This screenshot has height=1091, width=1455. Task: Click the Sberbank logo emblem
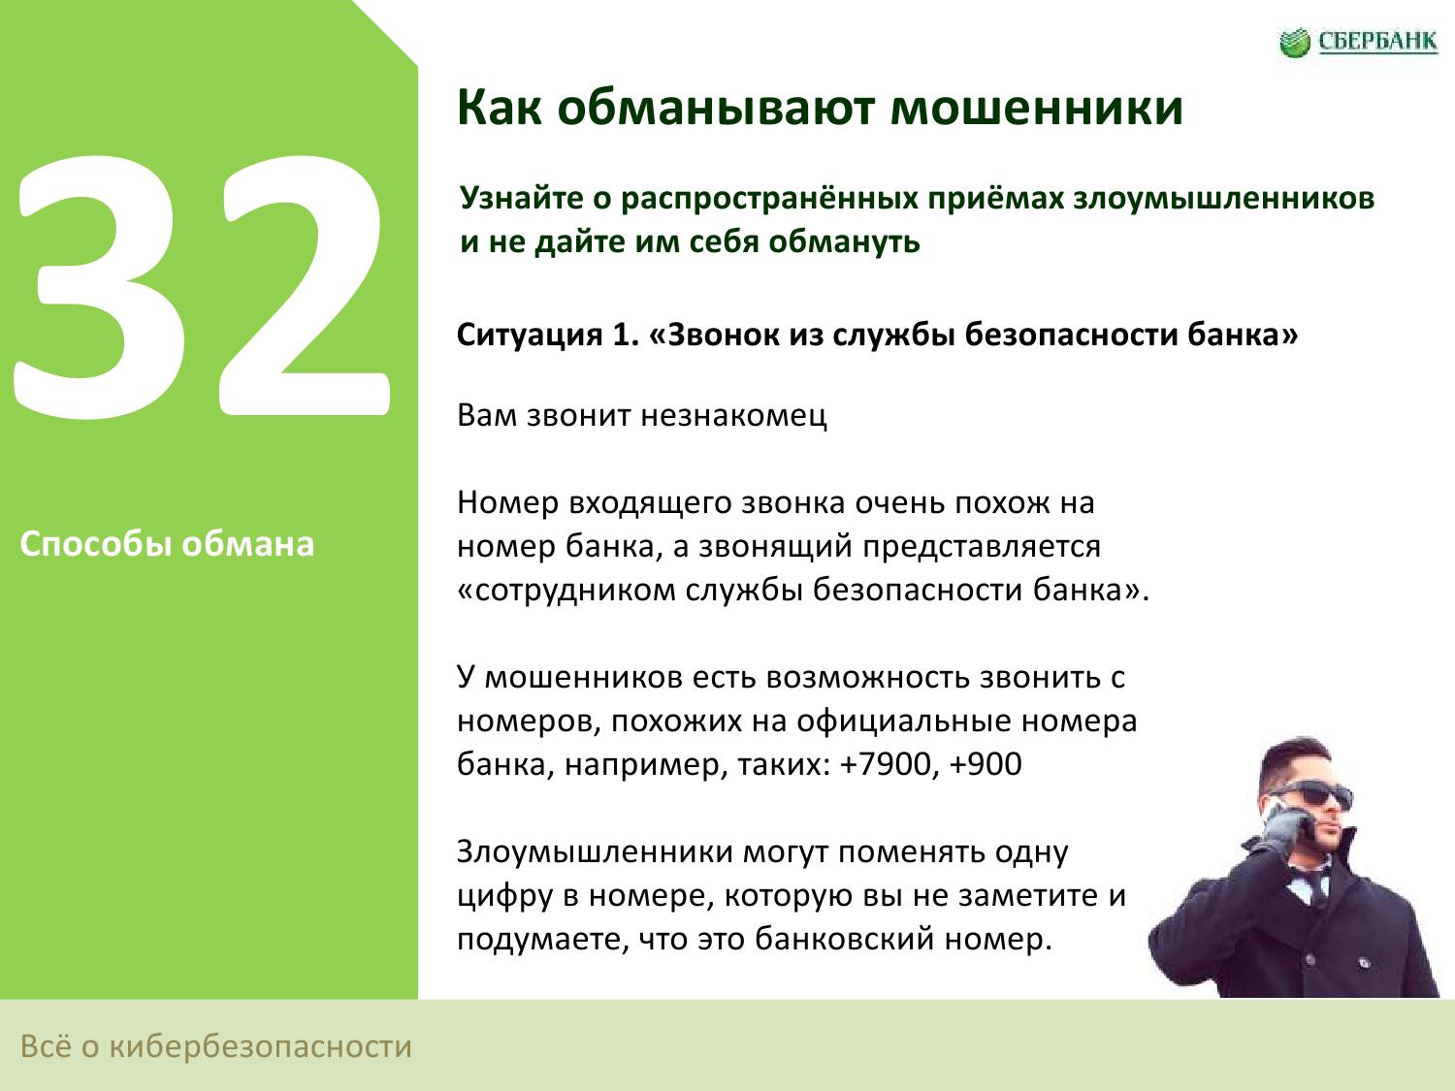tap(1295, 43)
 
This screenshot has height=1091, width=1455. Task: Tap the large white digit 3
tap(100, 287)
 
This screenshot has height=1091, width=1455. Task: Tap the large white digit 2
tap(304, 285)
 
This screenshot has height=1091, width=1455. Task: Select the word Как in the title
tap(500, 108)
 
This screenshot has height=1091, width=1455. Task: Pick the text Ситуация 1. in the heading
tap(547, 336)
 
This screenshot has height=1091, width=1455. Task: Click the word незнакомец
tap(733, 416)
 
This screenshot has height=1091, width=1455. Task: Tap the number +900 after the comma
tap(986, 764)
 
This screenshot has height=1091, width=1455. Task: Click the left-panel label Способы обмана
tap(167, 544)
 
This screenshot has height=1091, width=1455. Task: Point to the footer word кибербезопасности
tap(261, 1046)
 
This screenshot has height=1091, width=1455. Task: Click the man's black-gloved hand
tap(1280, 829)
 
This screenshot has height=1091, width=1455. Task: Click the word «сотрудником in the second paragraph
tap(566, 591)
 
